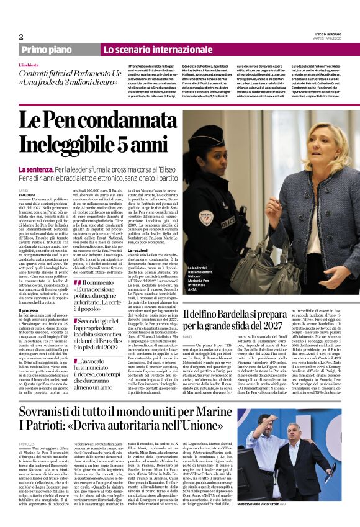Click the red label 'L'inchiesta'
pyautogui.click(x=30, y=64)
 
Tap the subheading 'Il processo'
pyautogui.click(x=29, y=310)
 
